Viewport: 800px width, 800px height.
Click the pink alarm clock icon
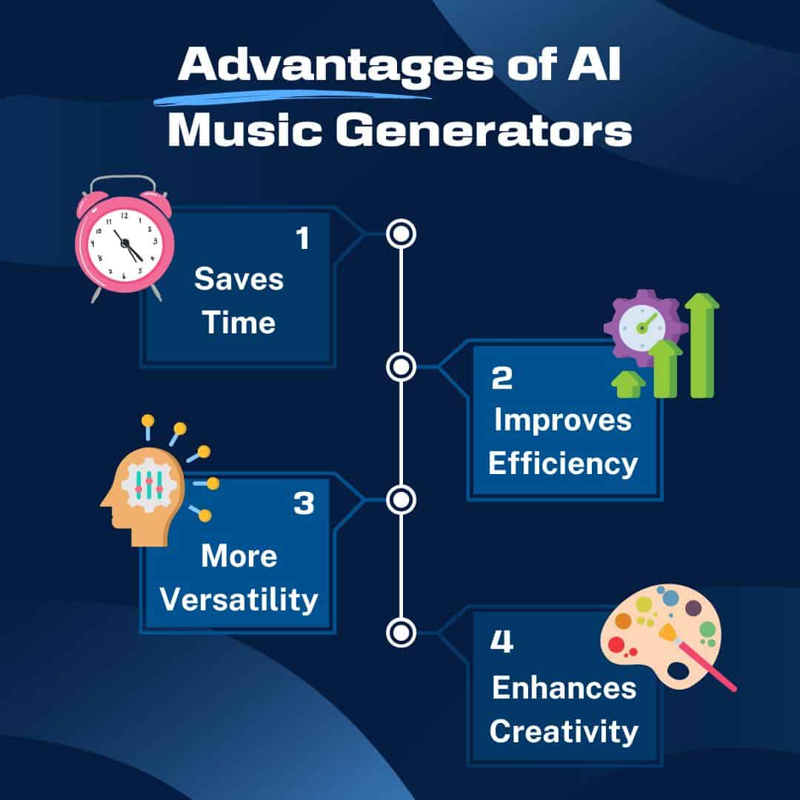tap(124, 239)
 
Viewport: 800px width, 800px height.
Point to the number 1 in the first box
tap(301, 239)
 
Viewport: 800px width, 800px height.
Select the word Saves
tap(239, 280)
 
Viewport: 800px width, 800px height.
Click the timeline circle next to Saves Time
tap(401, 234)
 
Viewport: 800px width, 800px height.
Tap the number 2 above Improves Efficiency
tap(501, 379)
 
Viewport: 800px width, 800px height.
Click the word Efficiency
tap(563, 464)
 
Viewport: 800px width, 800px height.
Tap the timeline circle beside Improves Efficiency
tap(401, 366)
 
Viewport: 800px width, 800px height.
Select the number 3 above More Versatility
tap(304, 504)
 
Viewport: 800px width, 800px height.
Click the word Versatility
tap(239, 599)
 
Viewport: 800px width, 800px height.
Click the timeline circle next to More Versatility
tap(401, 500)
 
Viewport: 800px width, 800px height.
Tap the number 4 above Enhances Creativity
tap(501, 642)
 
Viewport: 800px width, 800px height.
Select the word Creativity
tap(564, 732)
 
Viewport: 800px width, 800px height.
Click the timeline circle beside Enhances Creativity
tap(401, 632)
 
